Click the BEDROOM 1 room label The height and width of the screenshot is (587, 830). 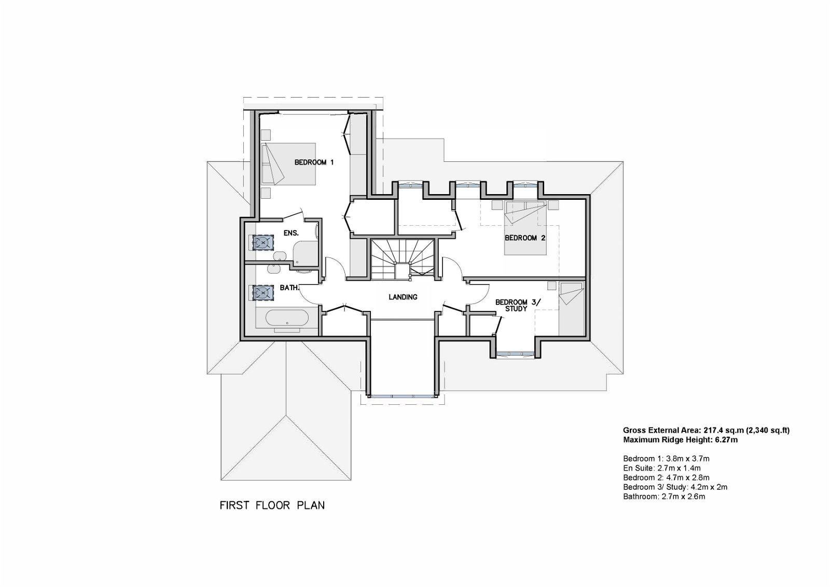pyautogui.click(x=314, y=162)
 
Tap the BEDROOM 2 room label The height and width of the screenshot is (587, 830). pyautogui.click(x=525, y=238)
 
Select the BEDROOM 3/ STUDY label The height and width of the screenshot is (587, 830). pyautogui.click(x=518, y=305)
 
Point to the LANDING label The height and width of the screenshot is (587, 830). pyautogui.click(x=403, y=297)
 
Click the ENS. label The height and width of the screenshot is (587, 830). pyautogui.click(x=291, y=233)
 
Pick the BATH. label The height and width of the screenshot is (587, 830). pyautogui.click(x=289, y=288)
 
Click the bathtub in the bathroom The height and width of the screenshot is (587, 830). pyautogui.click(x=287, y=319)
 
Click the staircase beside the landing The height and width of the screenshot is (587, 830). pyautogui.click(x=403, y=259)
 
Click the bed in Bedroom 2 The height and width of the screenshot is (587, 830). pyautogui.click(x=525, y=227)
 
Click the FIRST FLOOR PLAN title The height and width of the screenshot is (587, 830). pyautogui.click(x=272, y=506)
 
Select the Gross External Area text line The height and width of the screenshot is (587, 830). pyautogui.click(x=706, y=430)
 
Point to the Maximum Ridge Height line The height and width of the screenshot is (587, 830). pyautogui.click(x=680, y=440)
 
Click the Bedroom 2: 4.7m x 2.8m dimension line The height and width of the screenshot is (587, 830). pyautogui.click(x=666, y=477)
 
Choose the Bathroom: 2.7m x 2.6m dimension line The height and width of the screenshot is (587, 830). pyautogui.click(x=664, y=497)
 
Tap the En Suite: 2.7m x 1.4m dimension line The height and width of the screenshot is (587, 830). pyautogui.click(x=662, y=468)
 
